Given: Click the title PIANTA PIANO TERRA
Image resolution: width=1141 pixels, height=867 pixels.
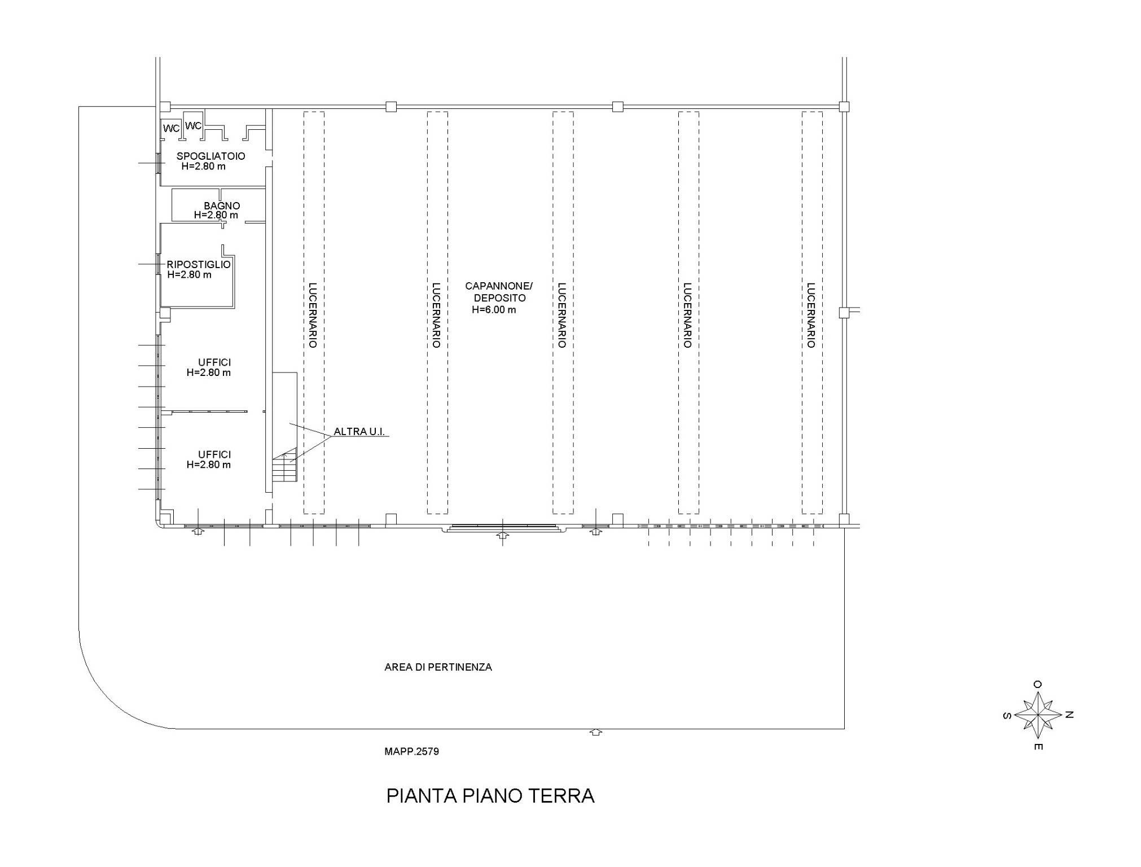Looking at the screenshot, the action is tap(490, 796).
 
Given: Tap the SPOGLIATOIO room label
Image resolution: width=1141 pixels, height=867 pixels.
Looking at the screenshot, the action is tap(211, 156).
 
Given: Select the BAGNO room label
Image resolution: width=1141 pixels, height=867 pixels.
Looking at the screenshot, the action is tap(222, 206).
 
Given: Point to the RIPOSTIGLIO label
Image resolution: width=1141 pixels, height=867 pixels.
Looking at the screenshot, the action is tap(199, 265).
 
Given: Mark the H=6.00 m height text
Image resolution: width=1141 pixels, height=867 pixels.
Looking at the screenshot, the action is tap(494, 310).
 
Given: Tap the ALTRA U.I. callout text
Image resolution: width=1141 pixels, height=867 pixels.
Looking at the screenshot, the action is tap(359, 432).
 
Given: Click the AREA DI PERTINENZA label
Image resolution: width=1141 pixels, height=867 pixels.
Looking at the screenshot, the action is tap(438, 667).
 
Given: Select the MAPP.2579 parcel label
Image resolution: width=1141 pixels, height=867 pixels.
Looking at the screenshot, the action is tap(411, 752).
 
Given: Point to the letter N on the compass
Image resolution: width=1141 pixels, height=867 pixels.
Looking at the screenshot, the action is tap(1069, 715).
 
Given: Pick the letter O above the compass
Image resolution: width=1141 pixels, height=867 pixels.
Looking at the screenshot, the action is tap(1038, 684).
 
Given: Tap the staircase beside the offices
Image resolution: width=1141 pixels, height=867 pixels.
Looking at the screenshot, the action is tap(284, 465).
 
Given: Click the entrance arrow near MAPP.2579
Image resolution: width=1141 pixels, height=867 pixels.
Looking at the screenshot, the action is tap(596, 732).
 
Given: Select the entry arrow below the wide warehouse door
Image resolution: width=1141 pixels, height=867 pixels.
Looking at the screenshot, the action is tap(502, 535).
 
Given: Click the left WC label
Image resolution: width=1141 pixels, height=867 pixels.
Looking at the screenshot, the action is tap(172, 129).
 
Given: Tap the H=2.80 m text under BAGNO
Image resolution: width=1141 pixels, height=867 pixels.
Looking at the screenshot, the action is tap(216, 216).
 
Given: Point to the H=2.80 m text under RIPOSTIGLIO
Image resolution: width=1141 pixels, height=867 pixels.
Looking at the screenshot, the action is tap(190, 275).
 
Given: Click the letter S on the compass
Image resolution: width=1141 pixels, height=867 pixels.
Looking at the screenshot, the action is tap(1007, 715).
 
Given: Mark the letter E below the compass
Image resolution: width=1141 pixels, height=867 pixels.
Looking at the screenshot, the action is tap(1038, 747).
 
